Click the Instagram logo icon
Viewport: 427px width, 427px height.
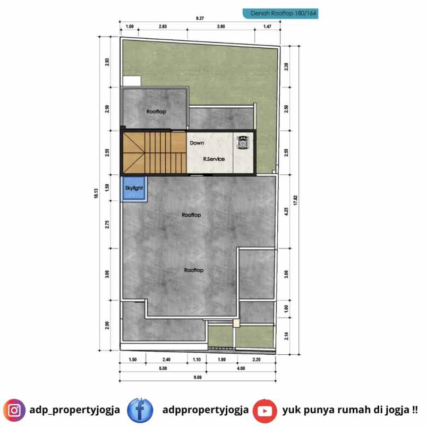(x=15, y=410)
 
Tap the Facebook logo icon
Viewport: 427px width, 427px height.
(x=140, y=410)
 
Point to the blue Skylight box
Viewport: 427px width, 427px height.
(x=134, y=190)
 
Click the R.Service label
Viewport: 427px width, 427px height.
(x=214, y=159)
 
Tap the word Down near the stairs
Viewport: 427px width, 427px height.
(x=197, y=143)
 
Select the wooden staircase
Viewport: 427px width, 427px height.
(x=153, y=153)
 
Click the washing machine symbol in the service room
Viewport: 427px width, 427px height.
(x=243, y=142)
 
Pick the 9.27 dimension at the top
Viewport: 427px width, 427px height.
(x=200, y=19)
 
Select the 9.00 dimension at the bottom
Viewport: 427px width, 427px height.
(x=198, y=378)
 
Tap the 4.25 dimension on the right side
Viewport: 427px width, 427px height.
(x=286, y=210)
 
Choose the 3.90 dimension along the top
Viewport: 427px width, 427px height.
(x=221, y=26)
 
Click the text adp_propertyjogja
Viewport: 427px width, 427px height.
(x=73, y=410)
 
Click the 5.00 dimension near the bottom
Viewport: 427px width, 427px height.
(x=163, y=369)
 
